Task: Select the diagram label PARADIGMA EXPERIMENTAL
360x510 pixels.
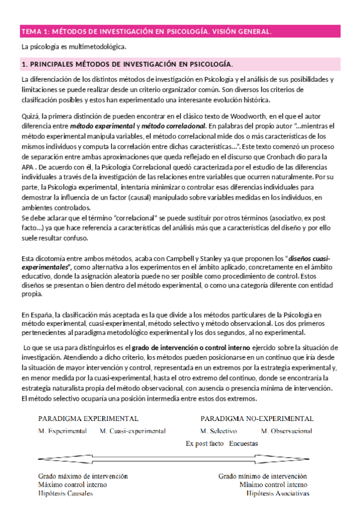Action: (x=88, y=418)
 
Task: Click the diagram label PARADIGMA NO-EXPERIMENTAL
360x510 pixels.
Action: (x=257, y=418)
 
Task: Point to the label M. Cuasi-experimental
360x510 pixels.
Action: (x=133, y=431)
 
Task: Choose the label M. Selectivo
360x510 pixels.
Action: (x=218, y=431)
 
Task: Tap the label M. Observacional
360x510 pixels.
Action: (x=287, y=431)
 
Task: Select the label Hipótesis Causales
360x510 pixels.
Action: (x=66, y=494)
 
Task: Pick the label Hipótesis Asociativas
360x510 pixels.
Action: (x=278, y=494)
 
